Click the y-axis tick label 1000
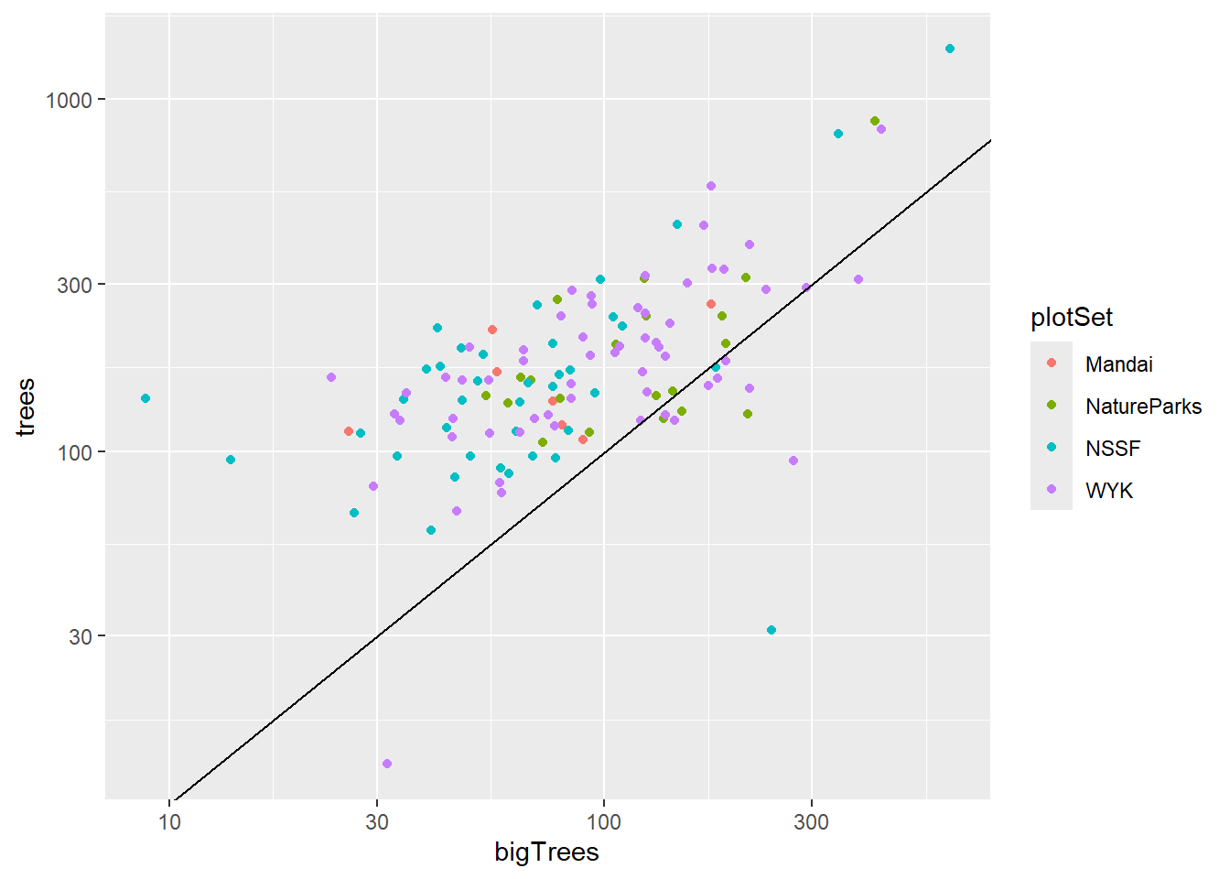click(x=70, y=100)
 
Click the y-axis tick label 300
click(x=75, y=285)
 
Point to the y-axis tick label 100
click(x=75, y=452)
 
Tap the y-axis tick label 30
click(x=81, y=636)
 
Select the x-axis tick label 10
click(x=169, y=821)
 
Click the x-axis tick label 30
click(x=377, y=821)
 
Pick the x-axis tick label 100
click(x=603, y=821)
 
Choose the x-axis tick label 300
click(x=811, y=821)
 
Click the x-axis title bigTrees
click(x=546, y=852)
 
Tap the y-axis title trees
click(x=26, y=407)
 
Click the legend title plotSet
click(x=1072, y=318)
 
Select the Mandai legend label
click(x=1118, y=364)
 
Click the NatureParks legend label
click(x=1143, y=407)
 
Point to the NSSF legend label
click(x=1113, y=449)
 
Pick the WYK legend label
click(x=1109, y=491)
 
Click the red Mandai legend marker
click(x=1052, y=364)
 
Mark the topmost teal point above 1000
click(x=950, y=49)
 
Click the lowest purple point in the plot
click(x=387, y=764)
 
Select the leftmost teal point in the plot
click(x=146, y=398)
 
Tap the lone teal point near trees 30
click(x=771, y=630)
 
